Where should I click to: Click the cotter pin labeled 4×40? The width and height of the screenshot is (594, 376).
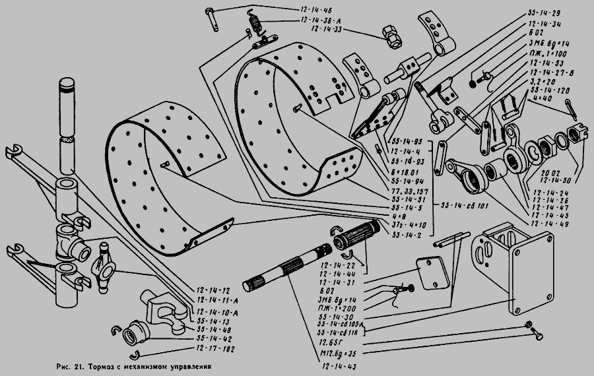coord(572,107)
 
